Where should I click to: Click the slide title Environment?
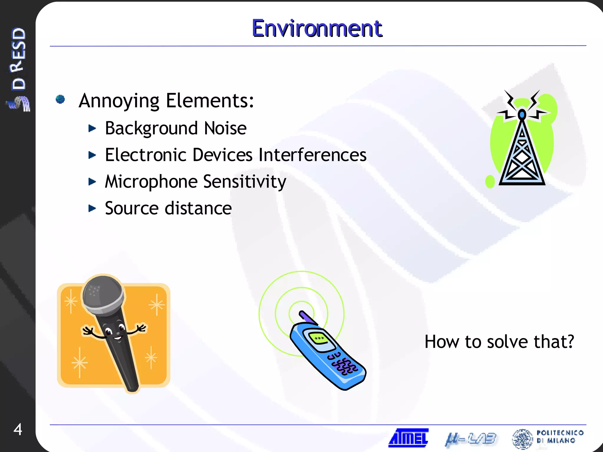(x=317, y=29)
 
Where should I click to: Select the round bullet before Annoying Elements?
(x=60, y=99)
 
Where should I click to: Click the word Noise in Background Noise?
(x=225, y=128)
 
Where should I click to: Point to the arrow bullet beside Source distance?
(x=92, y=208)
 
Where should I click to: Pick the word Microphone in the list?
(x=151, y=181)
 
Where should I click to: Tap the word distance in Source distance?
(x=198, y=208)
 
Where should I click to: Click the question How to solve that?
(x=499, y=342)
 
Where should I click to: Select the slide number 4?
(x=18, y=429)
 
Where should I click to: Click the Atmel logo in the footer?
(x=409, y=438)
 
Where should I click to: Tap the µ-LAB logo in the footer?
(x=471, y=439)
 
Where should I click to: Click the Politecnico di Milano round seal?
(x=522, y=439)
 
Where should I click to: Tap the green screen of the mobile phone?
(x=319, y=338)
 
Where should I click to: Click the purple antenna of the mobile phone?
(x=307, y=317)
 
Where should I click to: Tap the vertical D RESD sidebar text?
(x=18, y=59)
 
